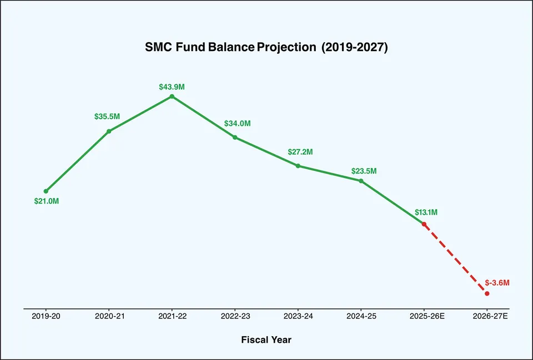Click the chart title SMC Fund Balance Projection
pyautogui.click(x=266, y=48)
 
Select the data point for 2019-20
pyautogui.click(x=46, y=191)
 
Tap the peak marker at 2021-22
pyautogui.click(x=172, y=97)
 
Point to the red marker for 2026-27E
pyautogui.click(x=487, y=293)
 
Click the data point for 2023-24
pyautogui.click(x=298, y=166)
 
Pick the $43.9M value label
pyautogui.click(x=172, y=87)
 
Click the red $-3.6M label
pyautogui.click(x=497, y=283)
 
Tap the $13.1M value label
pyautogui.click(x=426, y=212)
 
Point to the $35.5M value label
pyautogui.click(x=107, y=117)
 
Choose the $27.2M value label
pyautogui.click(x=300, y=152)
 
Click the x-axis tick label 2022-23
pyautogui.click(x=235, y=316)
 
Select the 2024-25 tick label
pyautogui.click(x=361, y=316)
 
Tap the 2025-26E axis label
pyautogui.click(x=424, y=316)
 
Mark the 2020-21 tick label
pyautogui.click(x=109, y=316)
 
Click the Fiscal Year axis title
pyautogui.click(x=266, y=339)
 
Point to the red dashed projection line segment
pyautogui.click(x=455, y=258)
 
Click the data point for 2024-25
pyautogui.click(x=361, y=181)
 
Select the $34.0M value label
pyautogui.click(x=237, y=124)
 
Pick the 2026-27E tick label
pyautogui.click(x=487, y=316)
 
